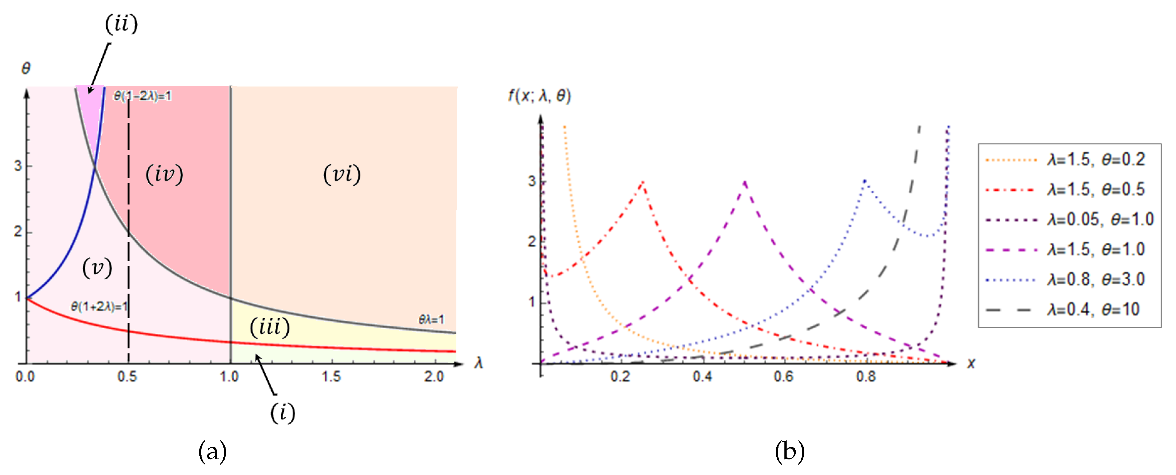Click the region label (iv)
(164, 174)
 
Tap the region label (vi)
(342, 174)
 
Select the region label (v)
(97, 268)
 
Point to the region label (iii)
(270, 327)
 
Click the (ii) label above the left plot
(121, 24)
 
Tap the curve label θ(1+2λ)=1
(99, 306)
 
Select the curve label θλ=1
(431, 319)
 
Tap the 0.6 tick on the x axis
(784, 377)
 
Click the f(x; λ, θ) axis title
(540, 96)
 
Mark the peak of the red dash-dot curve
(643, 182)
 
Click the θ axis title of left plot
(26, 69)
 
